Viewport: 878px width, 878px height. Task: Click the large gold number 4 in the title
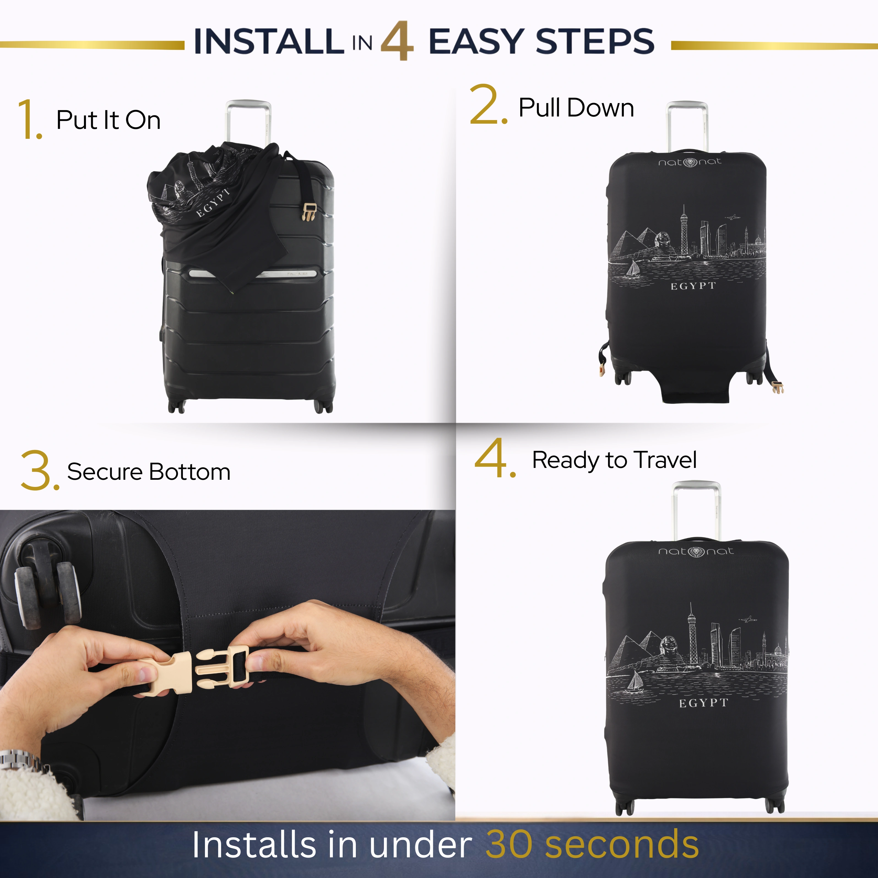[x=397, y=41]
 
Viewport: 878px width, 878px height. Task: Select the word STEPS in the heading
[x=595, y=41]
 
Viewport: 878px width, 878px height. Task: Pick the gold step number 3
[x=40, y=470]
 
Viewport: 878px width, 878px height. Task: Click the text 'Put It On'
[x=108, y=120]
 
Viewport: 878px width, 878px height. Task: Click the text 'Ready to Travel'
[x=614, y=460]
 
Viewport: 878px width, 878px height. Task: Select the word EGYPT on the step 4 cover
[x=703, y=703]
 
